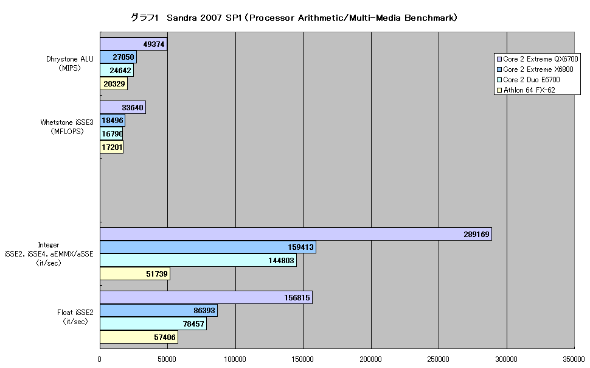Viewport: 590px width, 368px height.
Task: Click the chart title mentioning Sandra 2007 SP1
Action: (x=294, y=18)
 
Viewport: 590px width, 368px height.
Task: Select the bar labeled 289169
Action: (x=296, y=234)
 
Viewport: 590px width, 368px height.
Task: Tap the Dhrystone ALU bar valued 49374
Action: (x=134, y=44)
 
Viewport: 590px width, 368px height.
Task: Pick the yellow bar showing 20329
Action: (x=114, y=83)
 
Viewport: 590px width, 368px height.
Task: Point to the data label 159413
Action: (x=300, y=247)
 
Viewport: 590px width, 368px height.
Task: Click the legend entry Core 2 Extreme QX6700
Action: (x=537, y=59)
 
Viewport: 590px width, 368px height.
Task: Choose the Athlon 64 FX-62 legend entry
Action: (x=526, y=90)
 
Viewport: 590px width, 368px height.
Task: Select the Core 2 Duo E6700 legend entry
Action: (x=529, y=80)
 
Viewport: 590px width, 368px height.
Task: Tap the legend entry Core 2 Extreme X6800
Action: (x=535, y=69)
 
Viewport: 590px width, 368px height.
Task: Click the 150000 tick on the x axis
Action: (x=303, y=359)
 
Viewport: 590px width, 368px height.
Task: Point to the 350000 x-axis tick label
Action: (x=574, y=359)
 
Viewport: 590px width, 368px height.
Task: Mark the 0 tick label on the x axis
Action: (x=100, y=359)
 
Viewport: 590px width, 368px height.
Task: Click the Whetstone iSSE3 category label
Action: (x=67, y=127)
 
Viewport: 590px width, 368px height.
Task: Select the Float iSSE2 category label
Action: (x=75, y=317)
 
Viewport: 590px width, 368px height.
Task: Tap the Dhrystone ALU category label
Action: (x=69, y=64)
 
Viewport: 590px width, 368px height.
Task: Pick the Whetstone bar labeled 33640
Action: (x=123, y=107)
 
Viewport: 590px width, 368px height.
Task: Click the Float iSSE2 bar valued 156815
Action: (x=206, y=297)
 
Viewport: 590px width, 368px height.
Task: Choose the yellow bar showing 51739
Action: (x=135, y=274)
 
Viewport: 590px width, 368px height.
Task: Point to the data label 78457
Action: (x=193, y=324)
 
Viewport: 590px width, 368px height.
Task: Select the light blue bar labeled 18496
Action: (x=113, y=121)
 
